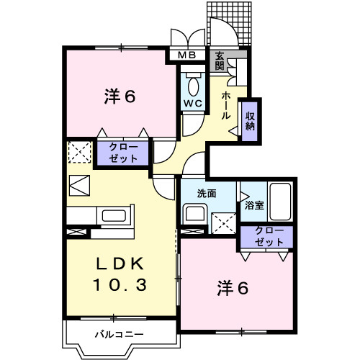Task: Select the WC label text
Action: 192,103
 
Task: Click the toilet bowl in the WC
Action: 193,85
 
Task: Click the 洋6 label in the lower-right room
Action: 233,288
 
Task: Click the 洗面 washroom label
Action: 207,193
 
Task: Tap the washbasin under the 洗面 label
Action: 195,214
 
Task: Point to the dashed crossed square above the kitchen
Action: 78,151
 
